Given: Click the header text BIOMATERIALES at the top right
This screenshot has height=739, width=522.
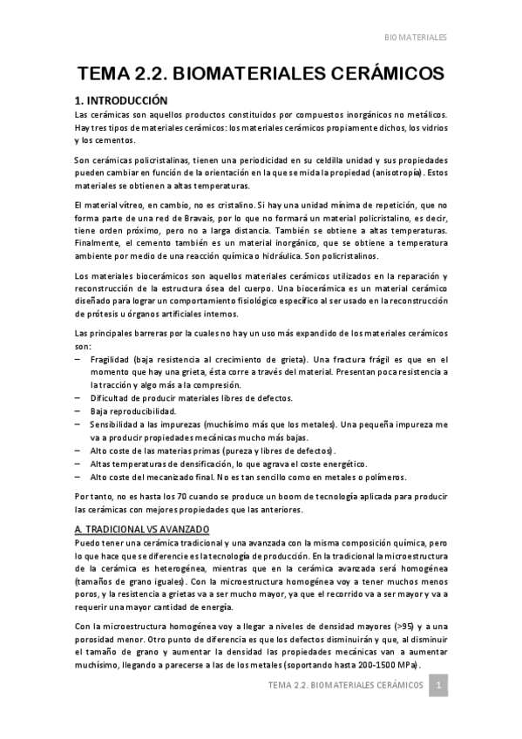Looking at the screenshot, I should (416, 38).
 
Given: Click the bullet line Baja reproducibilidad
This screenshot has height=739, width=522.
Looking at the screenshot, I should (132, 410).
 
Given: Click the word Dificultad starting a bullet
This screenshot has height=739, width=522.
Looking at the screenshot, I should (113, 398).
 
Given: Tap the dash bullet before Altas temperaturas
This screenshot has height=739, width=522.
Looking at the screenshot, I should (78, 464).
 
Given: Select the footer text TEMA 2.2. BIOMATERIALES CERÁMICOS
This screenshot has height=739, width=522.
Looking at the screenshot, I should (346, 686).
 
